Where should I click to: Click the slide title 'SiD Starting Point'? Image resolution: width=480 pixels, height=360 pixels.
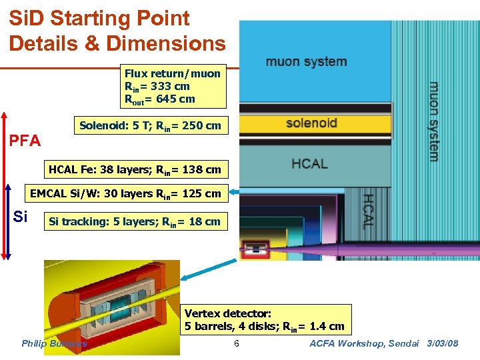pyautogui.click(x=99, y=19)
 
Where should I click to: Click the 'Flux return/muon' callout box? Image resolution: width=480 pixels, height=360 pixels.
pyautogui.click(x=172, y=86)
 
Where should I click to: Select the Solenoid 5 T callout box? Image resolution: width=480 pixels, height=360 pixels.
pyautogui.click(x=150, y=125)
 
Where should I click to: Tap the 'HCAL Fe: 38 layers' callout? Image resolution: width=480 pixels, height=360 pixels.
pyautogui.click(x=135, y=169)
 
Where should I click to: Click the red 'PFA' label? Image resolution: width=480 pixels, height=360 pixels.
pyautogui.click(x=24, y=141)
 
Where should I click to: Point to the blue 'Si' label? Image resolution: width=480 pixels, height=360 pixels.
pyautogui.click(x=21, y=217)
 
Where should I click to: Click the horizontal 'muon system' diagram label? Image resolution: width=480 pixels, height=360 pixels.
pyautogui.click(x=306, y=62)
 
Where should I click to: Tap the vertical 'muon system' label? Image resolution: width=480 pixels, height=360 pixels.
pyautogui.click(x=433, y=121)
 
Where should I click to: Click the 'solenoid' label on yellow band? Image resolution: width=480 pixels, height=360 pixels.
pyautogui.click(x=311, y=123)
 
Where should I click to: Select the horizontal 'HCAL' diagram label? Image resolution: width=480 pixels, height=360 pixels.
pyautogui.click(x=309, y=163)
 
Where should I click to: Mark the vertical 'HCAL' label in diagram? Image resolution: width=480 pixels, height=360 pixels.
pyautogui.click(x=367, y=211)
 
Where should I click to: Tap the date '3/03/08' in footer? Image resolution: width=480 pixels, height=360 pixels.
pyautogui.click(x=443, y=343)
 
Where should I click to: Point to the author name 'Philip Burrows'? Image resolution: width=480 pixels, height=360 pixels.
pyautogui.click(x=54, y=343)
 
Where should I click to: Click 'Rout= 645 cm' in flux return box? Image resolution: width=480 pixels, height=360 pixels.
pyautogui.click(x=159, y=99)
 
